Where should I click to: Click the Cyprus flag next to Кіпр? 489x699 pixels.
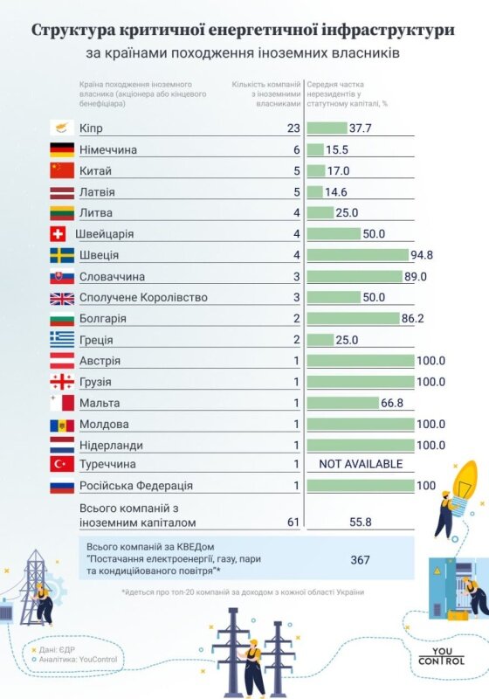click(62, 128)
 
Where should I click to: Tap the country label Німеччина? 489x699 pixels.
click(107, 149)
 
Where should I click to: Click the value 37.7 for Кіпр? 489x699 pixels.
click(362, 128)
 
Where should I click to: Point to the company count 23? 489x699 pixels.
click(293, 128)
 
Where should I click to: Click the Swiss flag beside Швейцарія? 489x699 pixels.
click(62, 234)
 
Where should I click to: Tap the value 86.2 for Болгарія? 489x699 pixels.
click(412, 319)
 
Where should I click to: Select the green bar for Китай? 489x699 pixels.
click(316, 170)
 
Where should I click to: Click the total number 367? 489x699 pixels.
click(360, 559)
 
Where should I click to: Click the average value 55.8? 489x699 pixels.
click(361, 522)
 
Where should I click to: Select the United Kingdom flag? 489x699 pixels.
click(62, 298)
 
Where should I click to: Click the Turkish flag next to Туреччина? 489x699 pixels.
click(62, 464)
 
